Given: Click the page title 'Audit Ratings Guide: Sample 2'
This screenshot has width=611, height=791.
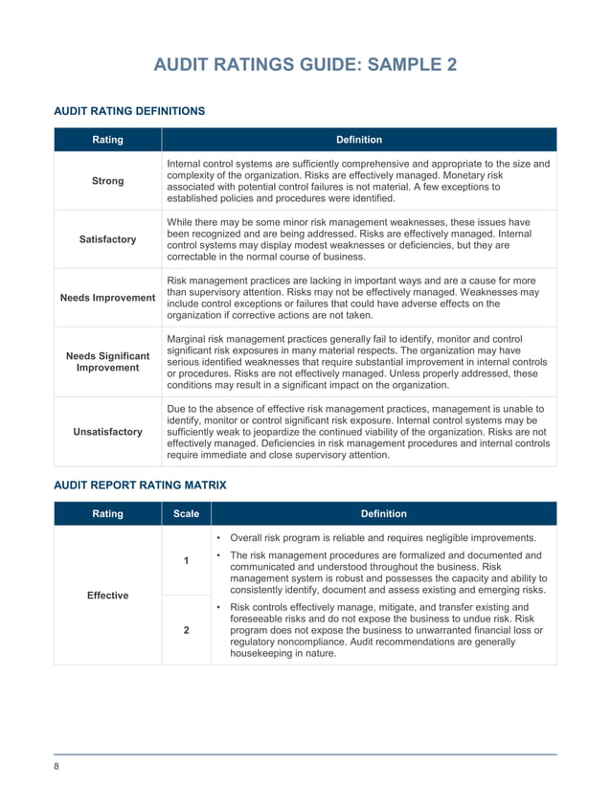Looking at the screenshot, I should [305, 65].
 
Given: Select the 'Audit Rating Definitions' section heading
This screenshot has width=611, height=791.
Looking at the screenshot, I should [128, 111].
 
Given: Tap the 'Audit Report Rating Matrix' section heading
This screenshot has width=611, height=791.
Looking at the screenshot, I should [140, 486].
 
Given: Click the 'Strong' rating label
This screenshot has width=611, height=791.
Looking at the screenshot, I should [107, 181].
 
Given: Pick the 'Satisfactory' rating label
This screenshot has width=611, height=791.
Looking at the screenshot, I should [107, 239].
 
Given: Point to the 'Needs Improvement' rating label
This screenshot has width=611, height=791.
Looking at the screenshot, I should [107, 298].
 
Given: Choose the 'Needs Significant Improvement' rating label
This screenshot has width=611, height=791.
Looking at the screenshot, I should [107, 362].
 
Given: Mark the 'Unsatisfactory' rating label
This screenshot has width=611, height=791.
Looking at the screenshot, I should [107, 432].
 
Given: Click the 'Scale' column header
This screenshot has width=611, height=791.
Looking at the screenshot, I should [186, 514].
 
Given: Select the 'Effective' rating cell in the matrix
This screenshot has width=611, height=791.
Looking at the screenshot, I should [107, 596].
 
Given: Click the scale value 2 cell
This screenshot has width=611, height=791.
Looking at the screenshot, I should [186, 630].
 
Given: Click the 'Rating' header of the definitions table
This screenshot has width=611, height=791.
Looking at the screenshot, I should [107, 140].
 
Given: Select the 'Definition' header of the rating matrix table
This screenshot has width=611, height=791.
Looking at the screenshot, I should [383, 514].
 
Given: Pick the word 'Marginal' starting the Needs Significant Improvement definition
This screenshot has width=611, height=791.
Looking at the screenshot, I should [190, 340].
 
